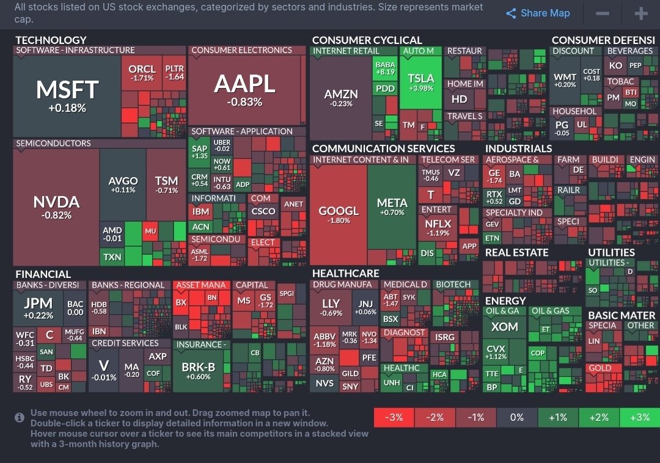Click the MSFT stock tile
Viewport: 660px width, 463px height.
click(67, 95)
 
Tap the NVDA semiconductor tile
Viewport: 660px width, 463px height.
click(56, 206)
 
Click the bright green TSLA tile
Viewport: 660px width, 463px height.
click(420, 83)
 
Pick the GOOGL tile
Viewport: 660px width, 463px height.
click(339, 214)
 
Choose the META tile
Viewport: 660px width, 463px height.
click(392, 207)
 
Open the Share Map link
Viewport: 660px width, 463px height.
click(538, 13)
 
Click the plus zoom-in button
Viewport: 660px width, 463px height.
click(640, 13)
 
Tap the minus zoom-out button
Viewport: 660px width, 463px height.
click(603, 13)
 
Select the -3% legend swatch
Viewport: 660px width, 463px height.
click(394, 417)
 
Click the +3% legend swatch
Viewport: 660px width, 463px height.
click(639, 417)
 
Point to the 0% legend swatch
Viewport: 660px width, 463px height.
click(516, 417)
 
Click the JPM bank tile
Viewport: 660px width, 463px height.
click(38, 308)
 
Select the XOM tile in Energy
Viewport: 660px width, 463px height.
click(504, 327)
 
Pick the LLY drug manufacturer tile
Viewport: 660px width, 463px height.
click(331, 307)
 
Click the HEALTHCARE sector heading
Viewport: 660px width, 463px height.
click(345, 273)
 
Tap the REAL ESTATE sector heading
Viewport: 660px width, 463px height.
click(516, 252)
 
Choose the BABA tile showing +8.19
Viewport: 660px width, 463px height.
click(385, 68)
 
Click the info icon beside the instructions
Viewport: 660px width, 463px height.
click(20, 417)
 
